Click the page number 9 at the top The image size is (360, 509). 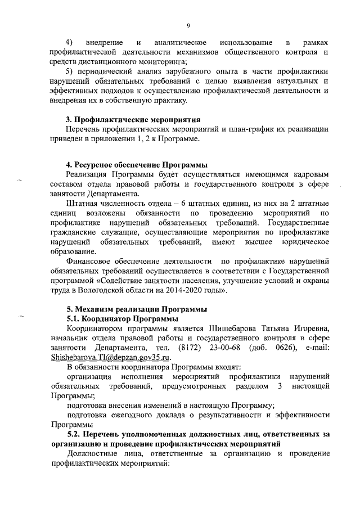click(188, 25)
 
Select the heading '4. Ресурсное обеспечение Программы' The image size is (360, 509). click(137, 165)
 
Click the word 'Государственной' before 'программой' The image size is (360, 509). click(299, 272)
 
